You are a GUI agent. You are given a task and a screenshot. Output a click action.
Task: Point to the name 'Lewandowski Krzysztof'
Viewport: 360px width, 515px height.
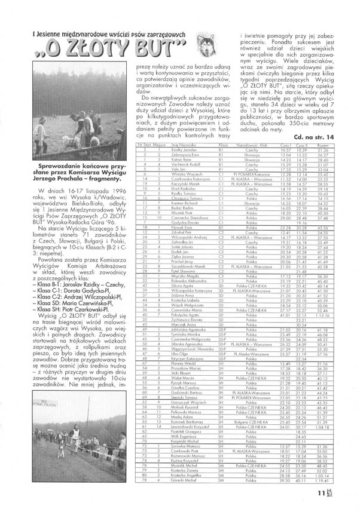tap(180, 427)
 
